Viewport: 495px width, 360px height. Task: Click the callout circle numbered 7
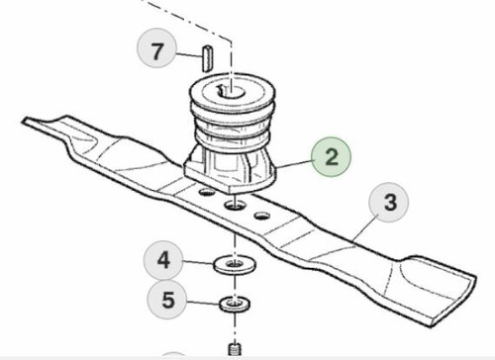[156, 48]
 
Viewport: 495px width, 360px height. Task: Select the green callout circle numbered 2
[332, 157]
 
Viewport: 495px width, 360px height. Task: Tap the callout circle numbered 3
[388, 202]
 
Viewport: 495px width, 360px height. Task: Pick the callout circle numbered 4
[163, 260]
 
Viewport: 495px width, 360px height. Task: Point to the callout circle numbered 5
[167, 300]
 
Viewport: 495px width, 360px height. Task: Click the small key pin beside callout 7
[207, 57]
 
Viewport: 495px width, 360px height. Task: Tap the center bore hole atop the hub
[232, 91]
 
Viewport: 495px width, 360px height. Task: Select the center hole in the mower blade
[235, 206]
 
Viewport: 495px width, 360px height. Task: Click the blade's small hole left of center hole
[206, 191]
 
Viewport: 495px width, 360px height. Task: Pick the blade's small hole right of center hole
[261, 216]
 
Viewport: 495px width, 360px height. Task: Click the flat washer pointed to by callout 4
[235, 264]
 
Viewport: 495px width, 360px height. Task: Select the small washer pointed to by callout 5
[235, 304]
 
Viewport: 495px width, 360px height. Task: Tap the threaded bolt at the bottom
[235, 349]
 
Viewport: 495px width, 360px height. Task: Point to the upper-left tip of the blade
[23, 121]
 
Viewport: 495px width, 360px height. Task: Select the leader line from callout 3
[365, 226]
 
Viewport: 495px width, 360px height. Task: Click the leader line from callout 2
[295, 164]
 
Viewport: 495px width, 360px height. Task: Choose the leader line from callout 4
[199, 262]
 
